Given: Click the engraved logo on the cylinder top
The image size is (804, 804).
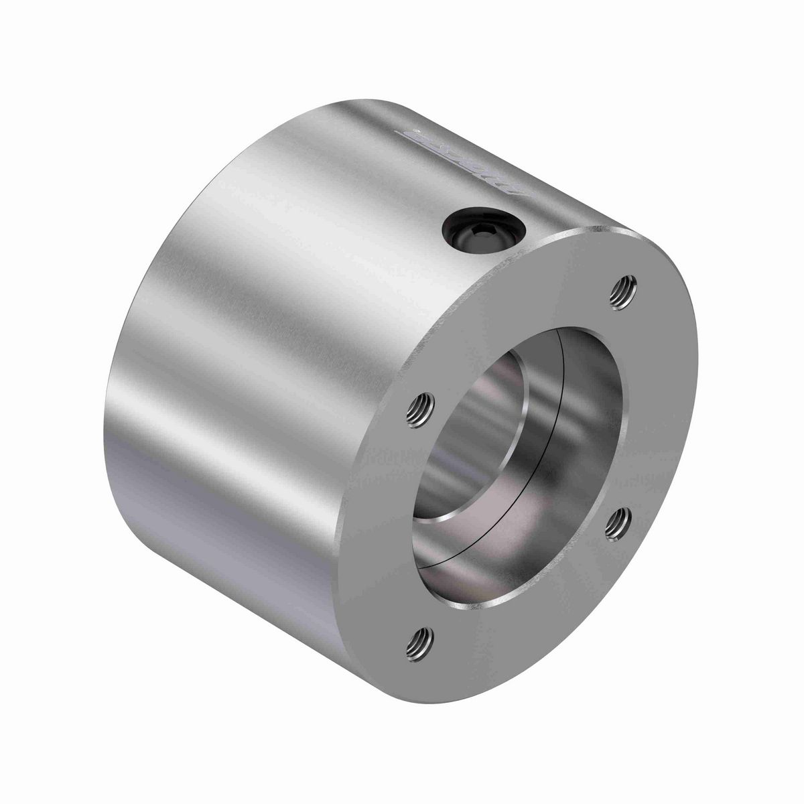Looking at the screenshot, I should (x=462, y=157).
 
